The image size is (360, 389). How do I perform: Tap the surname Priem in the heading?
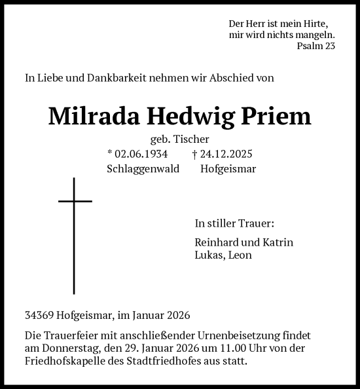click(x=279, y=117)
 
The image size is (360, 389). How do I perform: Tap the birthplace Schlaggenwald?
click(x=143, y=168)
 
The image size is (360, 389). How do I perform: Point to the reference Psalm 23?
click(x=315, y=46)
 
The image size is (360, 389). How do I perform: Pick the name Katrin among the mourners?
click(x=278, y=242)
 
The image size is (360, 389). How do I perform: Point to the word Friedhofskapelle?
click(x=66, y=361)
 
